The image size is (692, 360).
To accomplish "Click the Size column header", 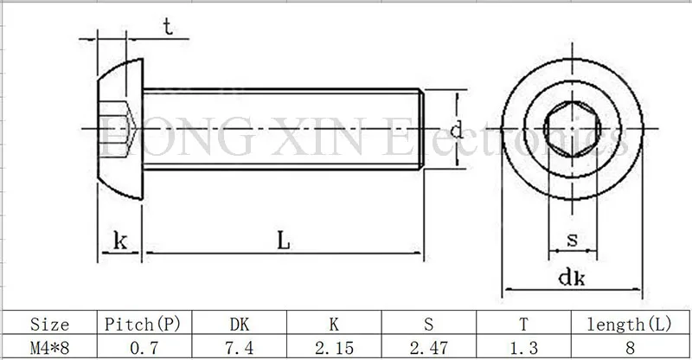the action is tap(49, 325).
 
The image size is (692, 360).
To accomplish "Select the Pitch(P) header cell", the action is tap(143, 325).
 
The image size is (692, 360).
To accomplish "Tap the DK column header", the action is tap(240, 325).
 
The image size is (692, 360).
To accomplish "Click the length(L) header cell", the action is tap(630, 325).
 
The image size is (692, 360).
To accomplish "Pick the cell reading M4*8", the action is tap(49, 348).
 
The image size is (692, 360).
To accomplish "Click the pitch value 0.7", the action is tap(144, 348).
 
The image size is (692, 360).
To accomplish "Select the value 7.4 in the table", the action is tap(240, 348).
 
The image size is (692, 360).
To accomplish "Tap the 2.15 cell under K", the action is tap(334, 348).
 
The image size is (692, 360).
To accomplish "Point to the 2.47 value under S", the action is tap(429, 348).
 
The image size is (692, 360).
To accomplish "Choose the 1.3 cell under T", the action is tap(524, 348).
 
